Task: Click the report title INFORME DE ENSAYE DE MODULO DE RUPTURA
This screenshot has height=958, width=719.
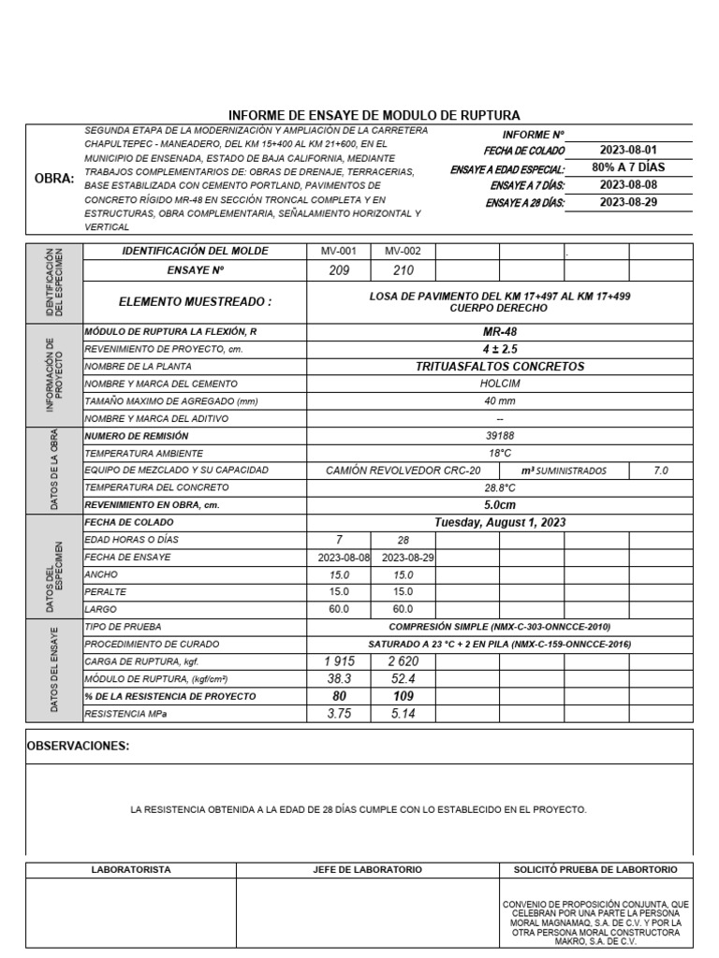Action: (374, 114)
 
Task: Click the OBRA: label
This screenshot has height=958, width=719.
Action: (53, 179)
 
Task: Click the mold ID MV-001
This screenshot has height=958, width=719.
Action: (339, 251)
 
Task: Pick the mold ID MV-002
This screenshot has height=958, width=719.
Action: (403, 251)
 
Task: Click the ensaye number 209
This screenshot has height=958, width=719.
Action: (339, 270)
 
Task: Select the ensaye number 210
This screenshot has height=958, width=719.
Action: (403, 270)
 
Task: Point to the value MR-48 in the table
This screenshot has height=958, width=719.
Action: (500, 331)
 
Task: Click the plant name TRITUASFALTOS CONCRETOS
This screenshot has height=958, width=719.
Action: (500, 366)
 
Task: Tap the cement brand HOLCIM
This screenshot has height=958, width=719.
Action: (500, 384)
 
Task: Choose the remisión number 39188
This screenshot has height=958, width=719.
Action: (500, 435)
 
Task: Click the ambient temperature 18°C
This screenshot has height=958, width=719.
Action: (500, 453)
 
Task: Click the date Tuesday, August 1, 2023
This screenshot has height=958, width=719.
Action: (500, 522)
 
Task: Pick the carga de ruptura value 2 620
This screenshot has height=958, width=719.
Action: (403, 661)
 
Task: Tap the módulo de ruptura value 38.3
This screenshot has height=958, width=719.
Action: (339, 678)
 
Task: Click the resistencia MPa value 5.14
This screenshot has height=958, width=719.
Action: (403, 713)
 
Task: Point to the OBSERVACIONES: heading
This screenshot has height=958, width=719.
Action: (78, 746)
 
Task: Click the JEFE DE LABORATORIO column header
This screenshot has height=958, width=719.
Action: (367, 869)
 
